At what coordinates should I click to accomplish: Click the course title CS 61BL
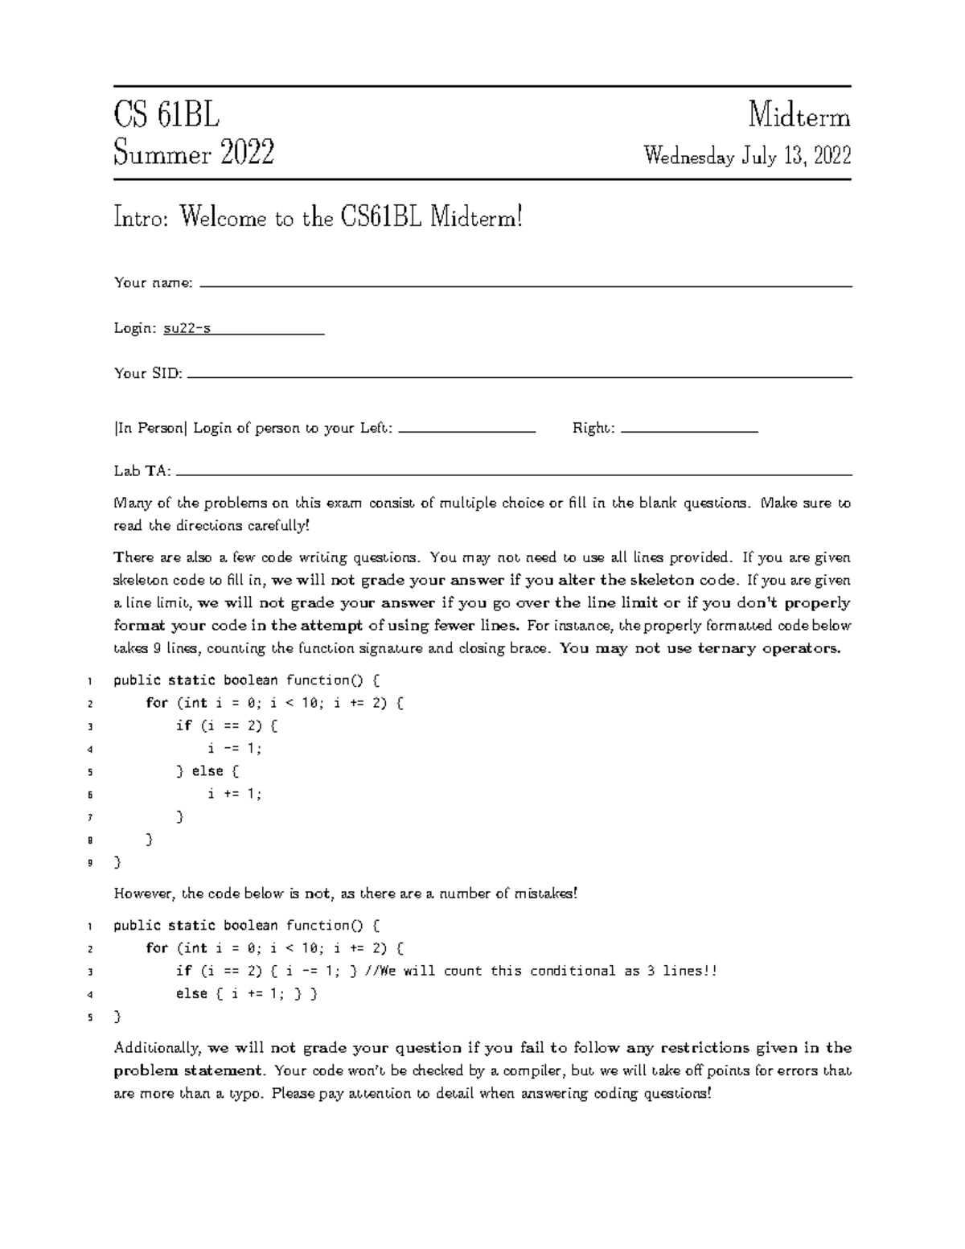166,117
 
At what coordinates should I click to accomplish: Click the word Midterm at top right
799,117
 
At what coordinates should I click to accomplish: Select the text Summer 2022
194,153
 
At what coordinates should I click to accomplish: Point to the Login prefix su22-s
187,328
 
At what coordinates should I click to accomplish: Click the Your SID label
148,373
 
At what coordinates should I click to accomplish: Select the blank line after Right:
690,431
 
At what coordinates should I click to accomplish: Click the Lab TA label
142,471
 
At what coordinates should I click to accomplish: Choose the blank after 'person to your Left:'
466,431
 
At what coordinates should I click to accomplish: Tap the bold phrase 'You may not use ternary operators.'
700,648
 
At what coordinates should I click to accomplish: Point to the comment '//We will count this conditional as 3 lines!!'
540,971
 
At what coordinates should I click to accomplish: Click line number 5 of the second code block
90,1017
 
